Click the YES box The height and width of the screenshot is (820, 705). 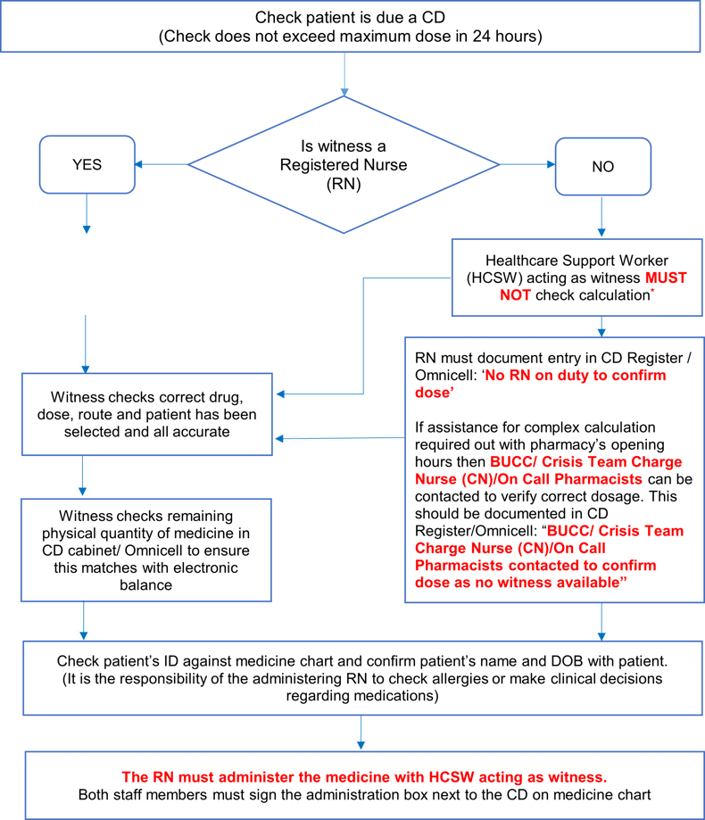tap(87, 164)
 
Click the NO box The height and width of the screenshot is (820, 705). tap(602, 166)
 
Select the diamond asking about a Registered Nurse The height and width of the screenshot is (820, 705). tap(344, 165)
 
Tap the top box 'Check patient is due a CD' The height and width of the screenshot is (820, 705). tap(349, 27)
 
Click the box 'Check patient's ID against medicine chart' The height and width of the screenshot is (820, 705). tap(360, 677)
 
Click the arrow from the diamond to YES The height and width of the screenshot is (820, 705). tap(161, 164)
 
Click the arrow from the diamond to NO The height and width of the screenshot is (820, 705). tap(527, 164)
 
